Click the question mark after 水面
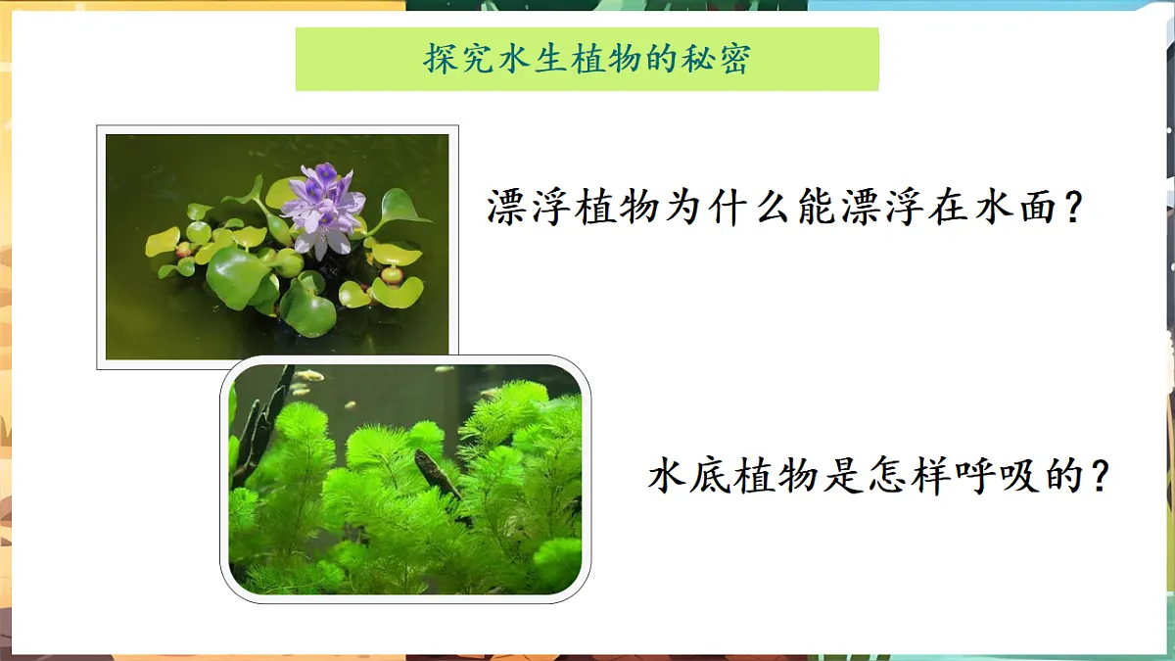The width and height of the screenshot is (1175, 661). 1074,207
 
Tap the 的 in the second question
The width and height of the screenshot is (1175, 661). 1059,477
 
